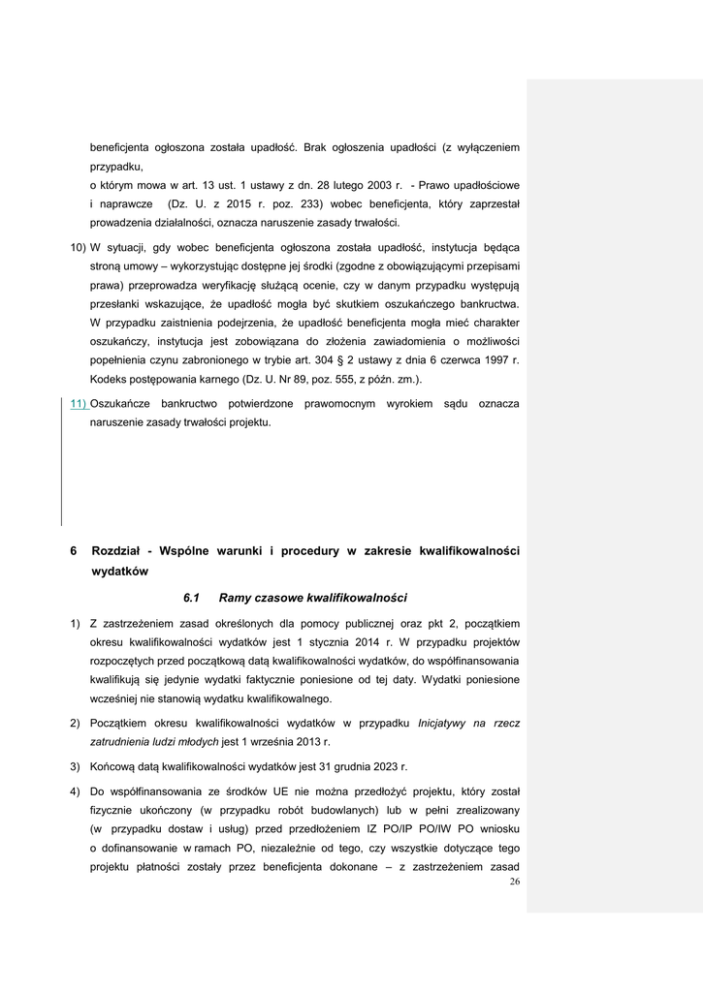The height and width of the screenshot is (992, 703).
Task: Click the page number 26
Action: tap(514, 881)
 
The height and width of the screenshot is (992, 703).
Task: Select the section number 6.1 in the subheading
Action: tap(190, 597)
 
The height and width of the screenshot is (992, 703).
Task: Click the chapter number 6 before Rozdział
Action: tap(74, 551)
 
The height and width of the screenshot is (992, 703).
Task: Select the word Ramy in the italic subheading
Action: tap(236, 597)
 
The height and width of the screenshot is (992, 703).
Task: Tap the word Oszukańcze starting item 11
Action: tap(124, 402)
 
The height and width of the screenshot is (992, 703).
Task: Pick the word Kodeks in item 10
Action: tap(110, 379)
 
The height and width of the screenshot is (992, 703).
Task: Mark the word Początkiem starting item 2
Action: tap(122, 723)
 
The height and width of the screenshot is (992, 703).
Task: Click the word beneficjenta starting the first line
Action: tap(119, 147)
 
